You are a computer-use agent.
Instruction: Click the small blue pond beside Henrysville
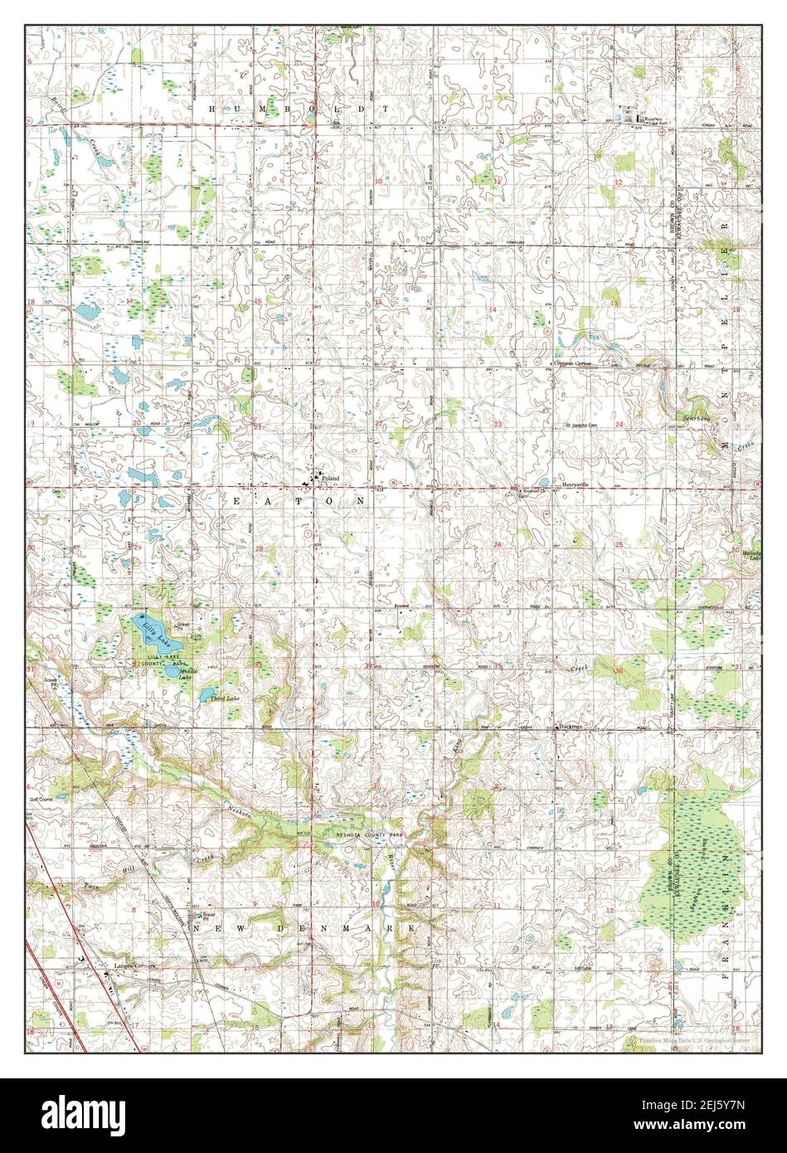(543, 482)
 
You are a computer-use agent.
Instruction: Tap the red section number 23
(498, 424)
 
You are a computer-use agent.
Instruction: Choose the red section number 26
(498, 544)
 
